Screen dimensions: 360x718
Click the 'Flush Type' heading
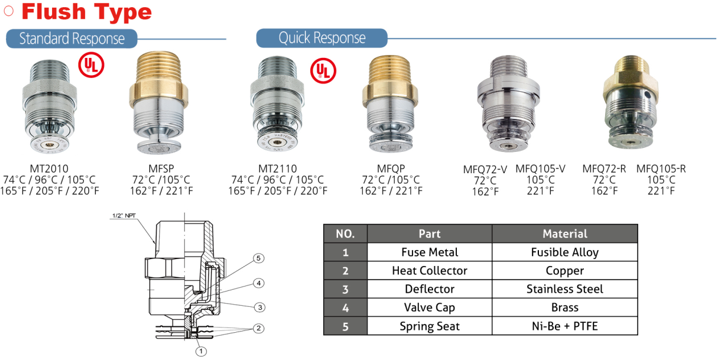click(86, 12)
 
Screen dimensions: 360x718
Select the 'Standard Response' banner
click(72, 39)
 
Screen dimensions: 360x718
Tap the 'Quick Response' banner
click(321, 38)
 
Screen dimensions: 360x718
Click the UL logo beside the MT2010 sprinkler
click(91, 66)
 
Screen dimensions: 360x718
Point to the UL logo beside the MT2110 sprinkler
click(323, 70)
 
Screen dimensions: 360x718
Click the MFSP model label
click(161, 168)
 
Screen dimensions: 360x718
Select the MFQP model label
click(391, 168)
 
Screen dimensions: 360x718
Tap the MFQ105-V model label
click(540, 168)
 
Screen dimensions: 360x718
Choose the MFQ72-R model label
click(604, 168)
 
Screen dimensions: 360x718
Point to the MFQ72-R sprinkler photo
click(630, 106)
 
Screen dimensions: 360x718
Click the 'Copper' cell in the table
click(564, 271)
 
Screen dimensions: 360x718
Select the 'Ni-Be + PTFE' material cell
click(564, 326)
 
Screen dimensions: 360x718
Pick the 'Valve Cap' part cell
click(429, 307)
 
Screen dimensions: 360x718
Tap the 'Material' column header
click(564, 233)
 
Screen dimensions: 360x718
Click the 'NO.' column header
click(345, 233)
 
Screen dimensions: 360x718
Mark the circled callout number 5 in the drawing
click(258, 258)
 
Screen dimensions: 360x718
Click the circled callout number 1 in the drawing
click(201, 351)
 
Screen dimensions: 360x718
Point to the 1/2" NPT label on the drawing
click(124, 216)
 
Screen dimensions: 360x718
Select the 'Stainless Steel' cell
click(564, 289)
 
